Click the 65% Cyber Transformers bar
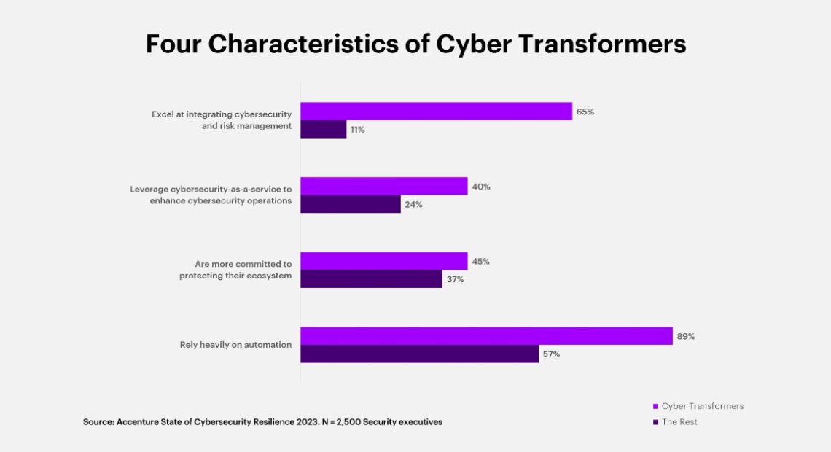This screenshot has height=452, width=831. pos(436,112)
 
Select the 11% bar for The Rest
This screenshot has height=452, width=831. pos(323,129)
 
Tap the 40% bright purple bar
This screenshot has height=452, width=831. pos(383,187)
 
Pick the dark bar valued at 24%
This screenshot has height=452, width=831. pos(350,204)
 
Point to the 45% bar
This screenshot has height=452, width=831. pos(383,261)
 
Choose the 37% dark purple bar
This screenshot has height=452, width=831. pos(371,279)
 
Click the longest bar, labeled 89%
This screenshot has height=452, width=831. pos(486,336)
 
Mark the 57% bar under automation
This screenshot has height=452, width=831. pos(419,354)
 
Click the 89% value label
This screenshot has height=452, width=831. pos(685,337)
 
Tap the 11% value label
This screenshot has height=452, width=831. pos(356,130)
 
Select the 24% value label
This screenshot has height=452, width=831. pos(413,205)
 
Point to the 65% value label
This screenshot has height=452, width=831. pos(585,112)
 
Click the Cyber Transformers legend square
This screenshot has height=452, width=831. pos(655,406)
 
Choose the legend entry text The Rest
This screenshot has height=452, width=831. pos(679,422)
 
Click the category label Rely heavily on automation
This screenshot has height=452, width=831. pos(235,345)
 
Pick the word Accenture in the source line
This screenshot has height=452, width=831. pos(137,422)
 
